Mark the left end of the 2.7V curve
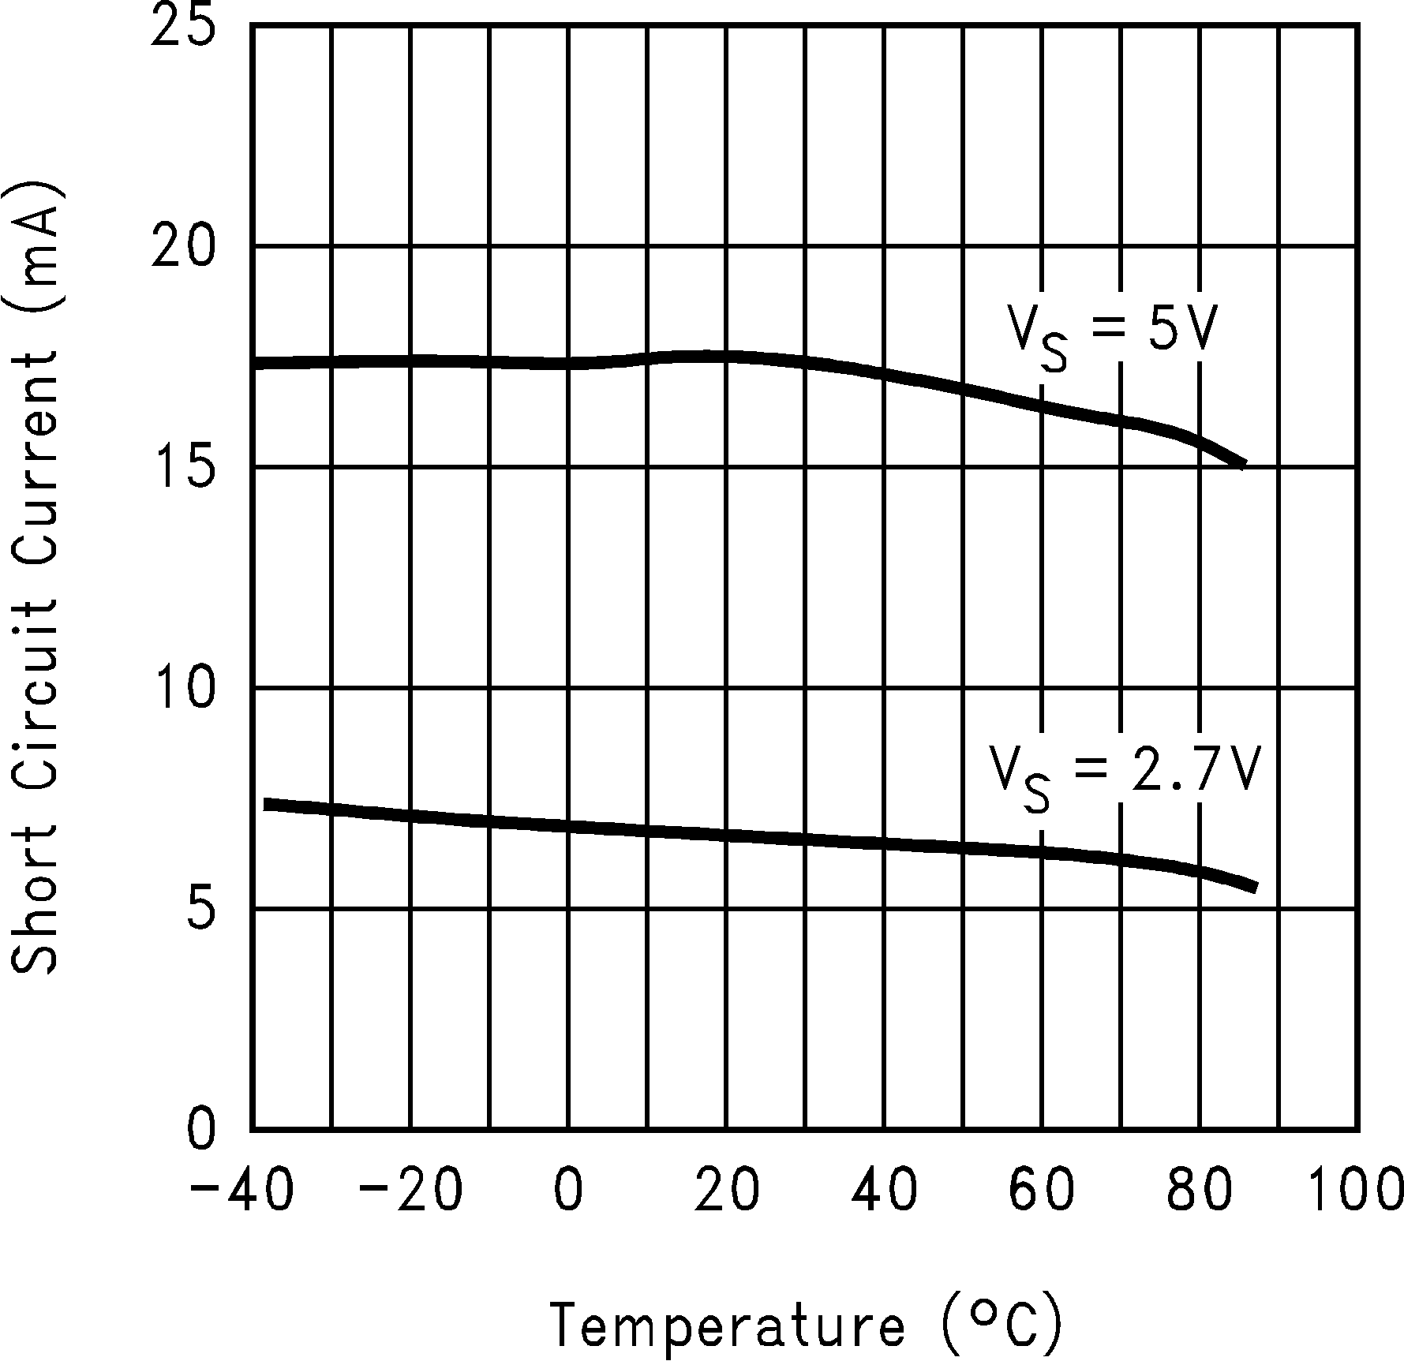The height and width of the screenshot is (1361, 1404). point(266,804)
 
